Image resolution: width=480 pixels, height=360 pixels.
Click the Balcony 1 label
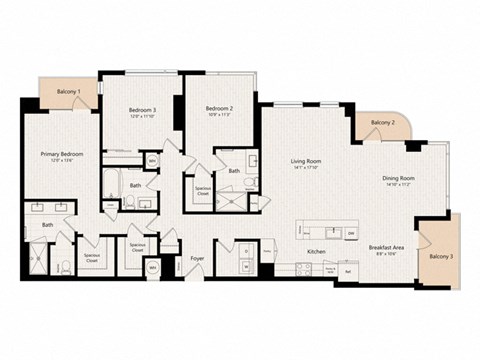[x=68, y=91]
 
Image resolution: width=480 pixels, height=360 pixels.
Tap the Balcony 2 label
[x=382, y=122]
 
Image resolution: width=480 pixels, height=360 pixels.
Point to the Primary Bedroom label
[x=61, y=154]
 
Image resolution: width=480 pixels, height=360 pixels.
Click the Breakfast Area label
[x=386, y=248]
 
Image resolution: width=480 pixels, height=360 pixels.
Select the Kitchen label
[x=317, y=251]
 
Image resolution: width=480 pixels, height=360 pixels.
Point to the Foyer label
[x=198, y=258]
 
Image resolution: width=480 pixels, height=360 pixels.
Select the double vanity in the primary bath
[x=48, y=209]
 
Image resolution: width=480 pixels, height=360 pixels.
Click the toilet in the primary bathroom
[x=64, y=265]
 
